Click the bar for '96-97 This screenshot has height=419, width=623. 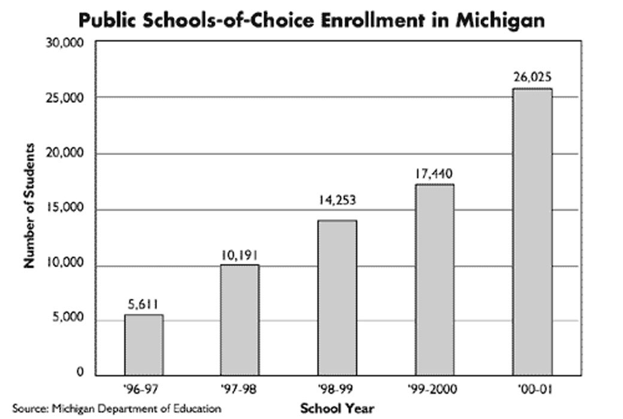tap(144, 345)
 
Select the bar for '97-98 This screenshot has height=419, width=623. tap(240, 320)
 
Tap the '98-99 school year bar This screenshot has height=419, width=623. tap(337, 298)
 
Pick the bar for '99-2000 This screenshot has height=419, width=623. tap(434, 280)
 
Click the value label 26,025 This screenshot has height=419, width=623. tap(531, 77)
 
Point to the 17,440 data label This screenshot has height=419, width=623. tap(434, 174)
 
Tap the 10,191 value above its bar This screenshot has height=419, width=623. tap(240, 254)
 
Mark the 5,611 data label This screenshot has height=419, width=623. tap(143, 304)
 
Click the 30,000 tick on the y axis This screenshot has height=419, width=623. tap(66, 43)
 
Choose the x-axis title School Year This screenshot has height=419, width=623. tap(337, 409)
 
